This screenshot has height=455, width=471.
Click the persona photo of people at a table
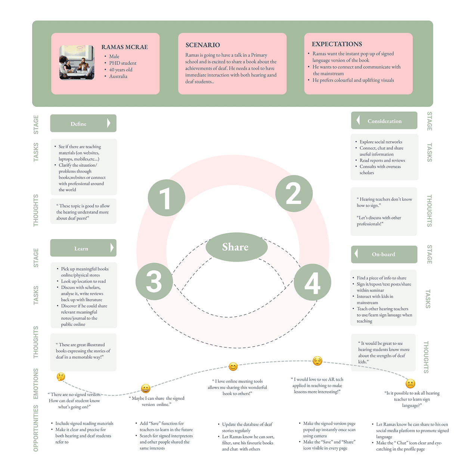pyautogui.click(x=77, y=62)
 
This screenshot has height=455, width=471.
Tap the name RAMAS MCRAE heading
pyautogui.click(x=124, y=47)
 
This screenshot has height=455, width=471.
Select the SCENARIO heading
pyautogui.click(x=202, y=45)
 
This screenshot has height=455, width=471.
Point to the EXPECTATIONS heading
pyautogui.click(x=337, y=44)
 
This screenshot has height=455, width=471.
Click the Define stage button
pyautogui.click(x=83, y=123)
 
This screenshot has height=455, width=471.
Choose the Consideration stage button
pyautogui.click(x=384, y=121)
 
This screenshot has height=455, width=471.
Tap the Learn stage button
pyautogui.click(x=83, y=248)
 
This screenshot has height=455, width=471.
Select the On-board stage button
pyautogui.click(x=384, y=254)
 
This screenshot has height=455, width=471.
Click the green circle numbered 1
pyautogui.click(x=166, y=198)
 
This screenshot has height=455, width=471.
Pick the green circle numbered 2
pyautogui.click(x=294, y=194)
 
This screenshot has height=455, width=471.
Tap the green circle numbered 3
pyautogui.click(x=154, y=281)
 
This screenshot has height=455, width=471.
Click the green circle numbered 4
pyautogui.click(x=312, y=282)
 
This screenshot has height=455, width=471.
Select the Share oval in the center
pyautogui.click(x=236, y=247)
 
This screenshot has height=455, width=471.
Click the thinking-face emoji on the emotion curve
pyautogui.click(x=61, y=377)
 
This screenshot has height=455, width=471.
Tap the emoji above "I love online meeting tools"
pyautogui.click(x=233, y=366)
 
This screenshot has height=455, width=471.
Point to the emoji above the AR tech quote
pyautogui.click(x=317, y=360)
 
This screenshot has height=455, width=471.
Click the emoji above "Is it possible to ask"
pyautogui.click(x=410, y=384)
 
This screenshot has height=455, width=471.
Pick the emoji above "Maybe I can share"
pyautogui.click(x=146, y=389)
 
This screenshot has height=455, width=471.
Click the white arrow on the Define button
pyautogui.click(x=109, y=123)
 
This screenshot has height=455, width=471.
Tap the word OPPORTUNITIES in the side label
pyautogui.click(x=36, y=428)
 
